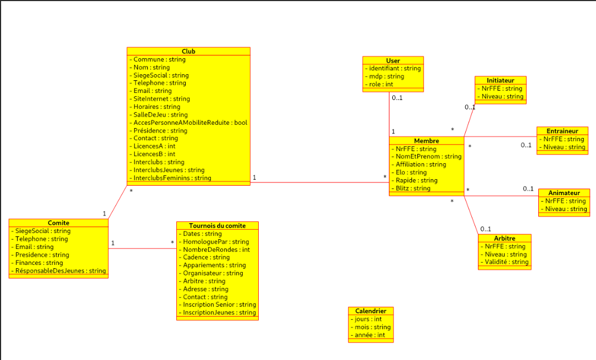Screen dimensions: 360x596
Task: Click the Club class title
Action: click(188, 51)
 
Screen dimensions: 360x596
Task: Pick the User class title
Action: click(393, 60)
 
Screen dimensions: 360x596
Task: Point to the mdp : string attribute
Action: click(386, 76)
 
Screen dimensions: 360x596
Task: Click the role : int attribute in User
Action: click(381, 85)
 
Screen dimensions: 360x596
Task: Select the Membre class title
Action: click(426, 141)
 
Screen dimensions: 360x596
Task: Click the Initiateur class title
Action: click(500, 80)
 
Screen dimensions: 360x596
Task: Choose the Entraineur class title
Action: click(562, 131)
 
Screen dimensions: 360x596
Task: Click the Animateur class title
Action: click(564, 193)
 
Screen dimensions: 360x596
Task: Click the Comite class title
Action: click(58, 223)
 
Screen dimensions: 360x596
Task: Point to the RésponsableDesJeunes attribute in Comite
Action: click(60, 271)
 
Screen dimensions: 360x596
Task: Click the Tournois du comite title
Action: click(217, 226)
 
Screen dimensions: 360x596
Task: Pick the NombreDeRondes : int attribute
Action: click(216, 250)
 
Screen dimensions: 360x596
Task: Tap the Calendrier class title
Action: click(371, 311)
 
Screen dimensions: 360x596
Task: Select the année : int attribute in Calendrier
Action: click(370, 335)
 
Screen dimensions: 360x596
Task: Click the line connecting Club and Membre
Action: click(319, 182)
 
